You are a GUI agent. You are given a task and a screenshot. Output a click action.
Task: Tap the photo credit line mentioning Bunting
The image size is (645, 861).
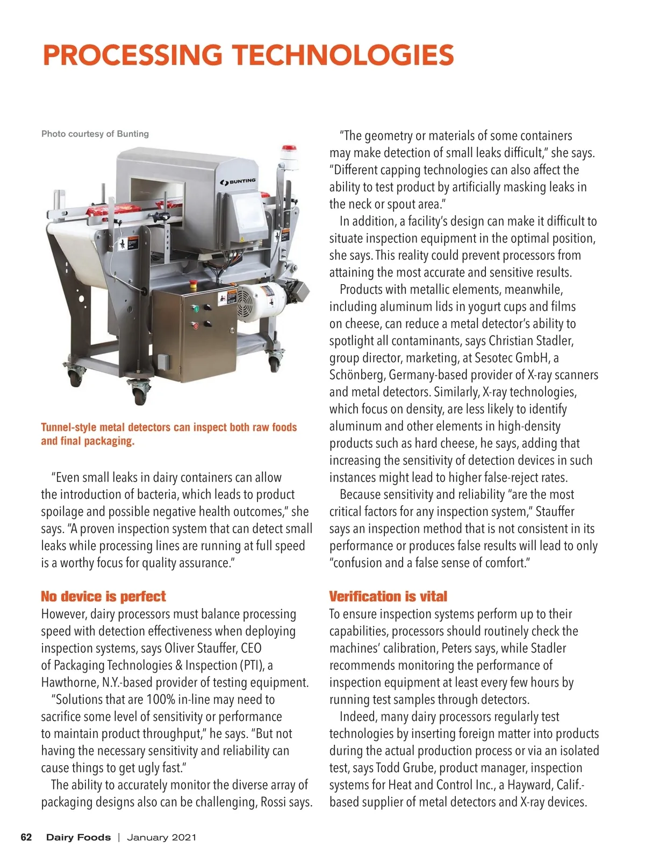[x=95, y=134]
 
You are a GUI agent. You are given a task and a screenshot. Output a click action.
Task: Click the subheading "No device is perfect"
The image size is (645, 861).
[x=103, y=596]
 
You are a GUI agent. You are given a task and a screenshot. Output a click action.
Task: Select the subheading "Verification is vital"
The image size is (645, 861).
[x=388, y=596]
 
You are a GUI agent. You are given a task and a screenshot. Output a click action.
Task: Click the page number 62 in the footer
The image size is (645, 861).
[x=26, y=837]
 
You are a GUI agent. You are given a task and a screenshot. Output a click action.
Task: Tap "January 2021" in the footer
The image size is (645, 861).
[x=162, y=837]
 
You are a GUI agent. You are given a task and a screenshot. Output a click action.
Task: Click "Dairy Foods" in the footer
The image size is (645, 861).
[x=78, y=837]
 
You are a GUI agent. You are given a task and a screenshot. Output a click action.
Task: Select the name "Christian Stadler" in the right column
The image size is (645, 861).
[x=531, y=341]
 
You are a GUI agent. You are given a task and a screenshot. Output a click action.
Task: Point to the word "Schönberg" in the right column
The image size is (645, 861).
[x=357, y=375]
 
